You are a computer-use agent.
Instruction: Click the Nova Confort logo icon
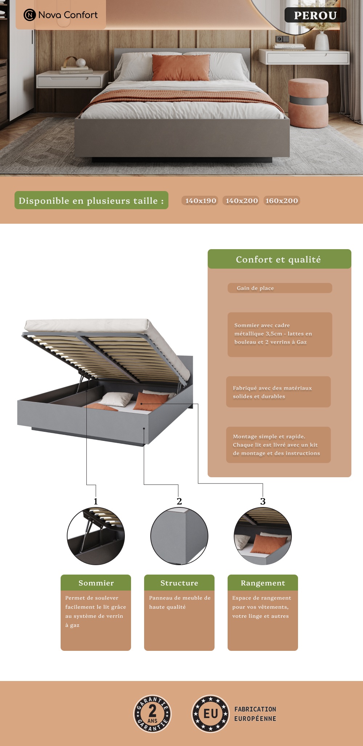point(29,15)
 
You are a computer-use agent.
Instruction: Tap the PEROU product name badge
point(315,15)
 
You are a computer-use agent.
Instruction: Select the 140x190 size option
point(200,200)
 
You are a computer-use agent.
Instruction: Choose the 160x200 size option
point(282,200)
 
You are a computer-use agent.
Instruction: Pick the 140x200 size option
point(241,200)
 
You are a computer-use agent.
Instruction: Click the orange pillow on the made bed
point(181,68)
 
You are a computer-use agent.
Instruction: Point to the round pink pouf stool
point(309,104)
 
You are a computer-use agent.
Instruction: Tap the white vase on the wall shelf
point(322,41)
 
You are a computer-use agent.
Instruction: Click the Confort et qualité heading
point(278,259)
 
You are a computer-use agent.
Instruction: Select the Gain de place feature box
point(280,288)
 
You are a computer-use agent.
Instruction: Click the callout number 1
point(96,502)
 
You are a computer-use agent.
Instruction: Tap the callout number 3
point(263,502)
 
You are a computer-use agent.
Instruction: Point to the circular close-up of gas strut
point(96,536)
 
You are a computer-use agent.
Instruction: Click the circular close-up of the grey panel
point(179,536)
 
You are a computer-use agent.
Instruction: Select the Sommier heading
point(96,583)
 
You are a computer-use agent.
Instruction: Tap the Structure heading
point(179,583)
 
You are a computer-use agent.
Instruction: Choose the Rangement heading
point(263,583)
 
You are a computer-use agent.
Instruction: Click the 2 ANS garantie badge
point(152,714)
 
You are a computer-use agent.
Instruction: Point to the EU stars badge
point(211,714)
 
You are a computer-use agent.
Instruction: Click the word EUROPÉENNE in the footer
point(255,719)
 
